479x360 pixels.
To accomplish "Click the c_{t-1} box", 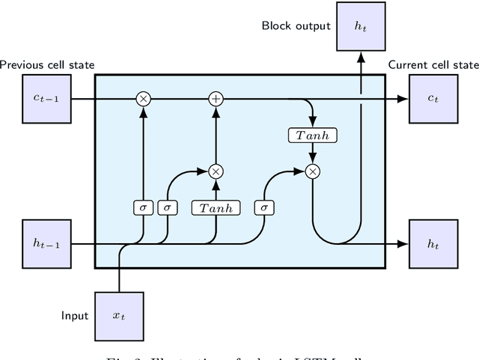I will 46,99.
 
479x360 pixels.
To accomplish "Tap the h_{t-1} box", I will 46,243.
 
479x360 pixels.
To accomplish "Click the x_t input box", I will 119,315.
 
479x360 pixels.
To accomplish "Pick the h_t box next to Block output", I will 361,26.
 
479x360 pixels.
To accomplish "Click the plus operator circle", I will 216,99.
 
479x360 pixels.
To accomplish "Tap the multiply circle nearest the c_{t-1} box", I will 142,99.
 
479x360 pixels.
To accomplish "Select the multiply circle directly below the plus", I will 216,171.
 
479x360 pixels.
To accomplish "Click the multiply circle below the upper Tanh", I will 313,171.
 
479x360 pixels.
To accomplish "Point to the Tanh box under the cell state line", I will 313,135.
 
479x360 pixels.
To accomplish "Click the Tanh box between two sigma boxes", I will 216,207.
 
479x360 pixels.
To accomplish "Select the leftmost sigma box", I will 142,207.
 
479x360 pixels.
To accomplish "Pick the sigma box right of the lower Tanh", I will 263,207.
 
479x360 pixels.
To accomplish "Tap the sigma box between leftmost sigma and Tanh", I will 167,207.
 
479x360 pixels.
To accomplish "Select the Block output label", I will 296,26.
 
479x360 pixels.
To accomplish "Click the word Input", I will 74,315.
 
